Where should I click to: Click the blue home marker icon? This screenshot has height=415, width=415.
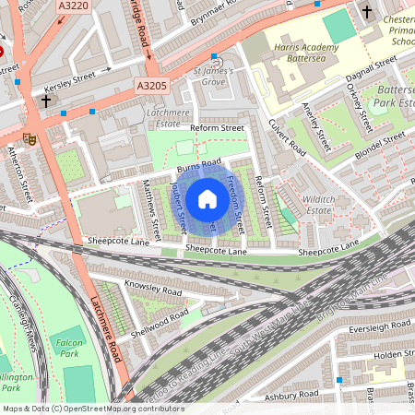pyautogui.click(x=207, y=199)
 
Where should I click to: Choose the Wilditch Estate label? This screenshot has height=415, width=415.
pyautogui.click(x=317, y=204)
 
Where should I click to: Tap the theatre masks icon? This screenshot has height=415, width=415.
pyautogui.click(x=30, y=138)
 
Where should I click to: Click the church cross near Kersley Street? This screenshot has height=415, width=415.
pyautogui.click(x=45, y=100)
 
